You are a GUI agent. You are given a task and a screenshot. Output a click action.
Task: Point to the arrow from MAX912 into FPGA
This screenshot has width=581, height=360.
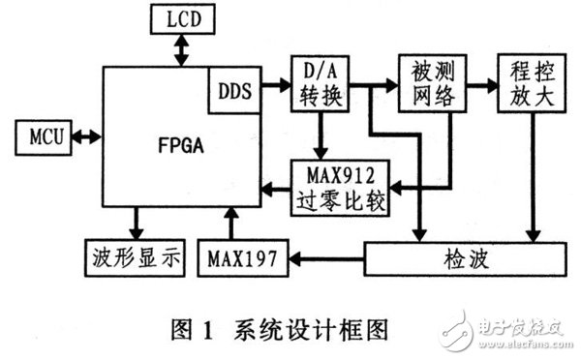click(276, 187)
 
